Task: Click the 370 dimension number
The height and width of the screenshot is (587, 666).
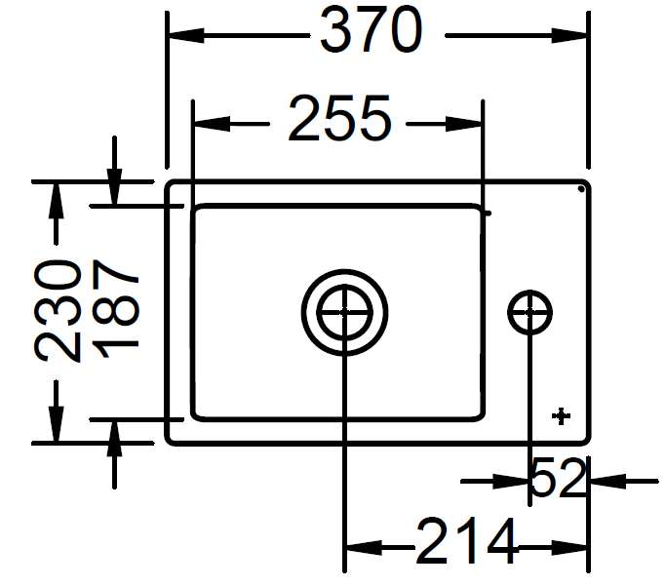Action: [372, 29]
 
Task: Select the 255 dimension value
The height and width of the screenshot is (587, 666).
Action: [339, 118]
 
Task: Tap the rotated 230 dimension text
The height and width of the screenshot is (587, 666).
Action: [58, 311]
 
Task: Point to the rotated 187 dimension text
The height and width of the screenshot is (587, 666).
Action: [115, 308]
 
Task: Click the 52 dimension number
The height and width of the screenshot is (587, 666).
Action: [558, 477]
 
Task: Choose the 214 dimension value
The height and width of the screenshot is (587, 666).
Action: [467, 540]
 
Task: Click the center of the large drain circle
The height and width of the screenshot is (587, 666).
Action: [344, 312]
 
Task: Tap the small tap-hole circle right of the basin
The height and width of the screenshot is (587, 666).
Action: [529, 312]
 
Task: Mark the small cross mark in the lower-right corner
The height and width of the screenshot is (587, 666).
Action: [561, 415]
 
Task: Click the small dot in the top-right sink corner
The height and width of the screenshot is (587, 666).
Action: [581, 189]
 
